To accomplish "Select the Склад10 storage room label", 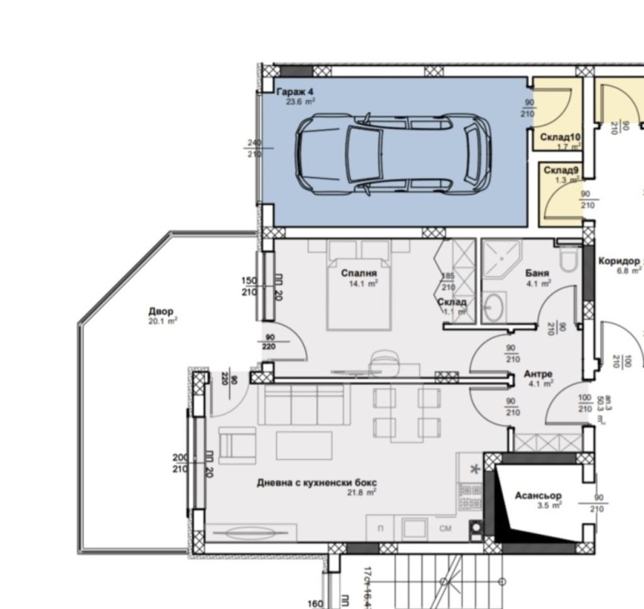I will click(x=560, y=138).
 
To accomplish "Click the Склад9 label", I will click(x=561, y=170).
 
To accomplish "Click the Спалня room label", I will click(x=359, y=273).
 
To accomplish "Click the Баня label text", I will click(x=537, y=273).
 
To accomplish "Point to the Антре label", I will click(x=538, y=375).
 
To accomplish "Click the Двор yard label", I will click(x=161, y=311).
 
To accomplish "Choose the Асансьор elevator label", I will click(x=538, y=495).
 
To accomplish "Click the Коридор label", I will click(x=618, y=262).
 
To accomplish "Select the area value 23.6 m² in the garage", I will click(x=300, y=102).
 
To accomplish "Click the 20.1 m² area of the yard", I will click(x=162, y=321).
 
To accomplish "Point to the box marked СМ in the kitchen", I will click(x=445, y=528).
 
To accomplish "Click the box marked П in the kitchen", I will click(x=380, y=528).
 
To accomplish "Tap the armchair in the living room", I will click(x=236, y=445).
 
